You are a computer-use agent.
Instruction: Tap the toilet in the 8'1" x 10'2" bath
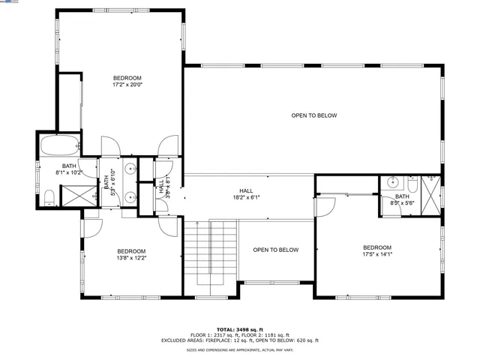pos(49,197)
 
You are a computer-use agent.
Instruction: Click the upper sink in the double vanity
pos(130,169)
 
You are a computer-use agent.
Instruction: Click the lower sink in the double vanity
pos(130,198)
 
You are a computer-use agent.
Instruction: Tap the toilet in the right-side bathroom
pos(412,184)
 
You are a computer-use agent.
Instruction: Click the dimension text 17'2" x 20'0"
pos(127,85)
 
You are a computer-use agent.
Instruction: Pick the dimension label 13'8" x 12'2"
pos(131,258)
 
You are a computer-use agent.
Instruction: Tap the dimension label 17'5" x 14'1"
pos(377,254)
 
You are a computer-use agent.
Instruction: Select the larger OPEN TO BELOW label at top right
pos(314,115)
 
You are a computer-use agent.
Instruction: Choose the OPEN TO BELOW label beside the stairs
pos(275,250)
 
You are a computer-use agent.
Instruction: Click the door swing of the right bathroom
pos(325,205)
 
